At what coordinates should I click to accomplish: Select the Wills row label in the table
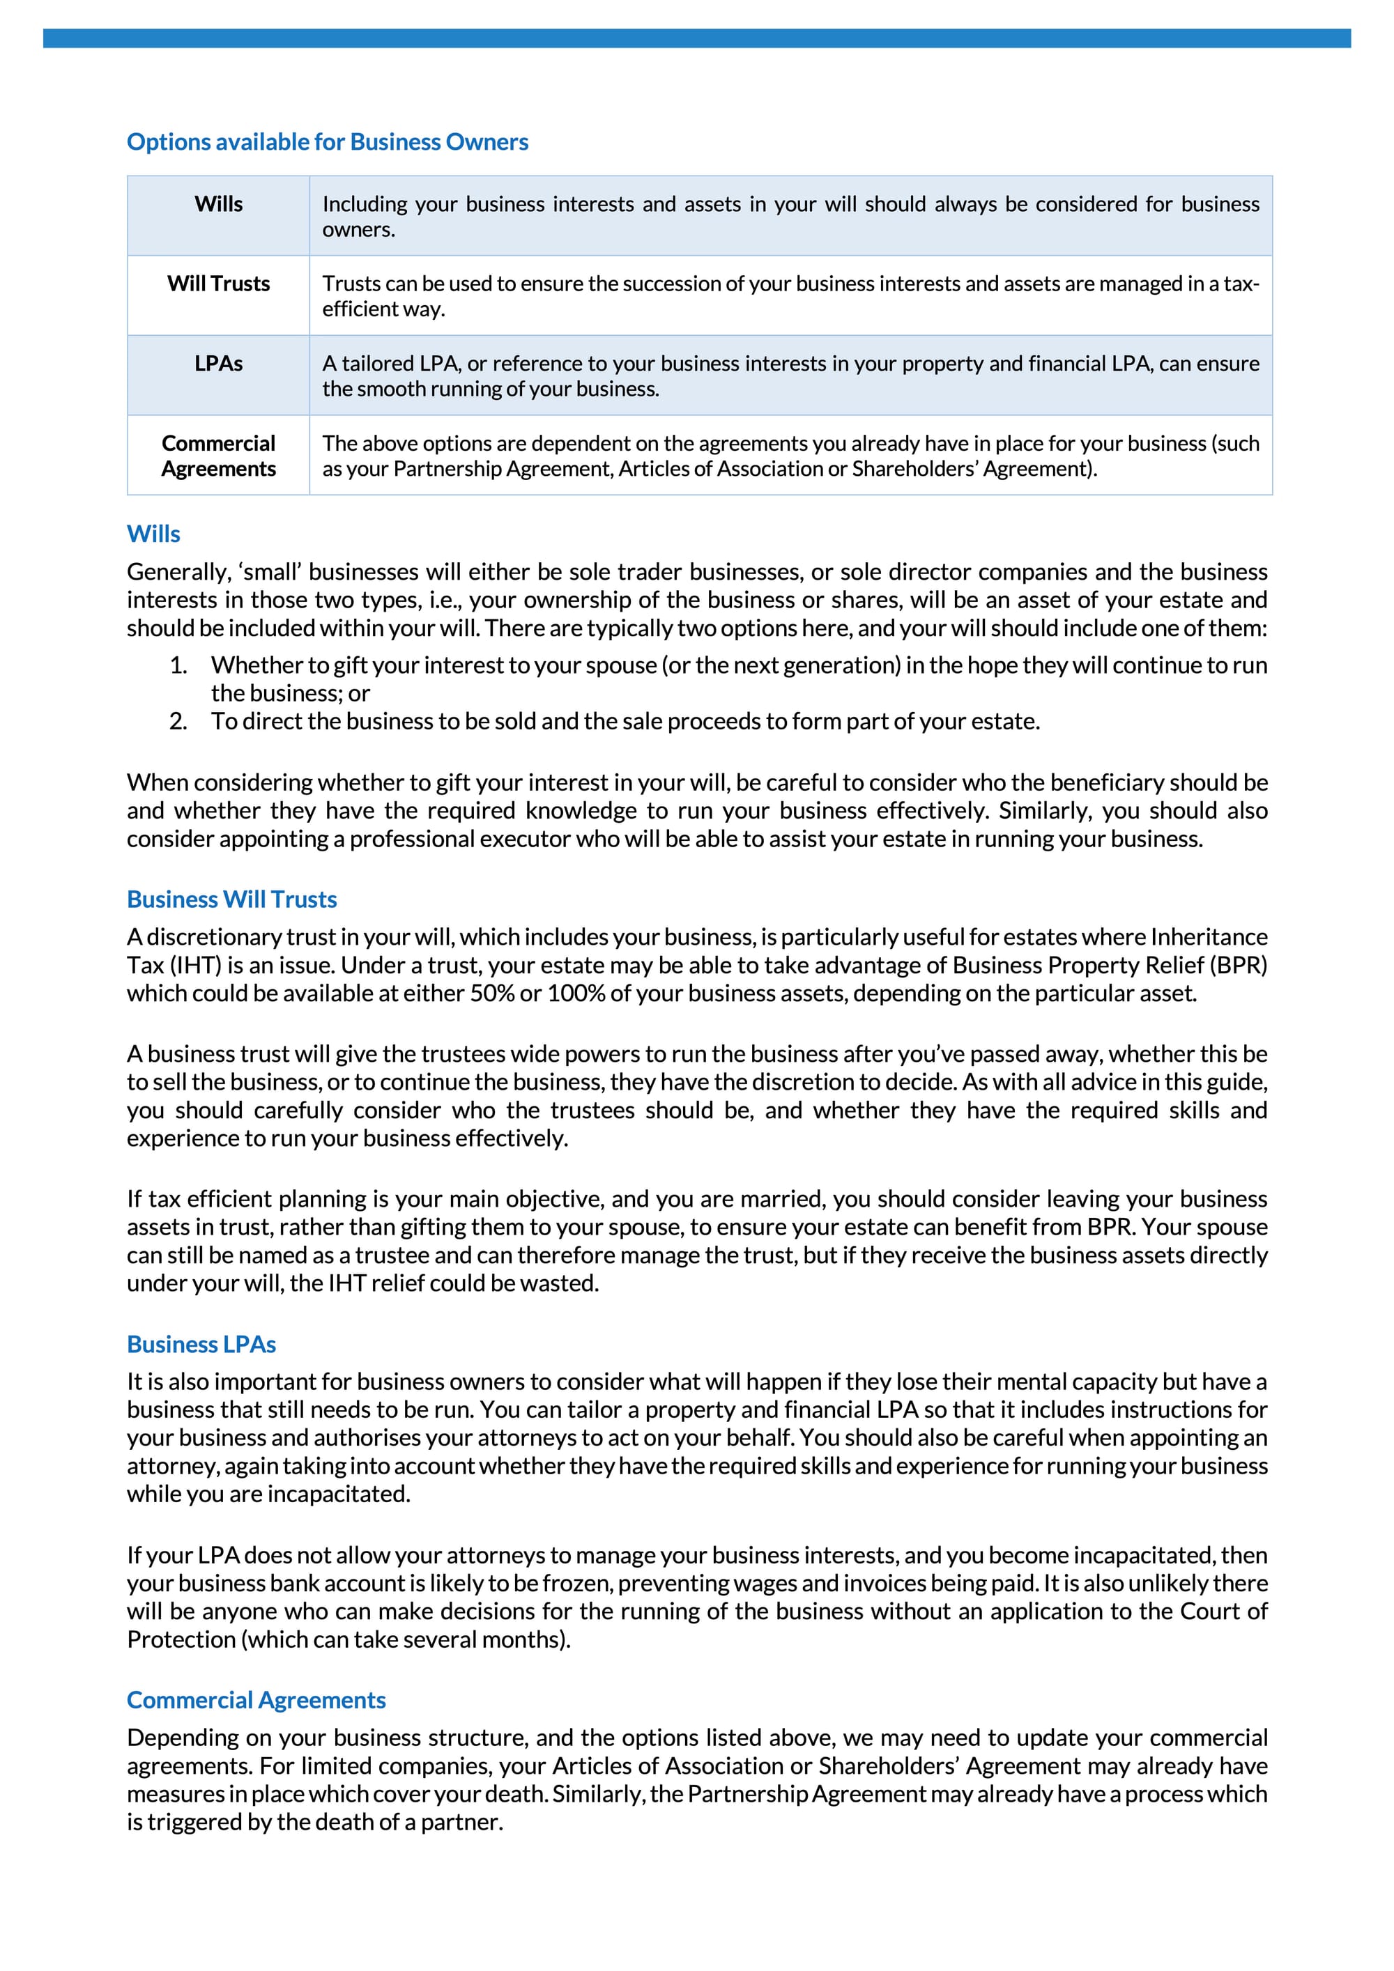pyautogui.click(x=218, y=204)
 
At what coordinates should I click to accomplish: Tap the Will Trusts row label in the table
pyautogui.click(x=218, y=284)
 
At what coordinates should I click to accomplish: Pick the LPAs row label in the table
pyautogui.click(x=218, y=364)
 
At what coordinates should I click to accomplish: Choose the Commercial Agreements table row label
pyautogui.click(x=218, y=456)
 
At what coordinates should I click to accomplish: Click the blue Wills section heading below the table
pyautogui.click(x=154, y=534)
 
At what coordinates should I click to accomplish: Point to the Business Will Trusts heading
pyautogui.click(x=232, y=899)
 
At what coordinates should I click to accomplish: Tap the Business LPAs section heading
pyautogui.click(x=201, y=1345)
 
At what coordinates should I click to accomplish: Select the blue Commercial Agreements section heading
pyautogui.click(x=256, y=1700)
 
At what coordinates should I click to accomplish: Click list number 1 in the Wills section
pyautogui.click(x=178, y=665)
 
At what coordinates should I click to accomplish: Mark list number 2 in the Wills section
pyautogui.click(x=178, y=721)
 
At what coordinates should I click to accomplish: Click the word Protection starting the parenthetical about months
pyautogui.click(x=181, y=1639)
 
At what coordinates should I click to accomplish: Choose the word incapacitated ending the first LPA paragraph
pyautogui.click(x=339, y=1494)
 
